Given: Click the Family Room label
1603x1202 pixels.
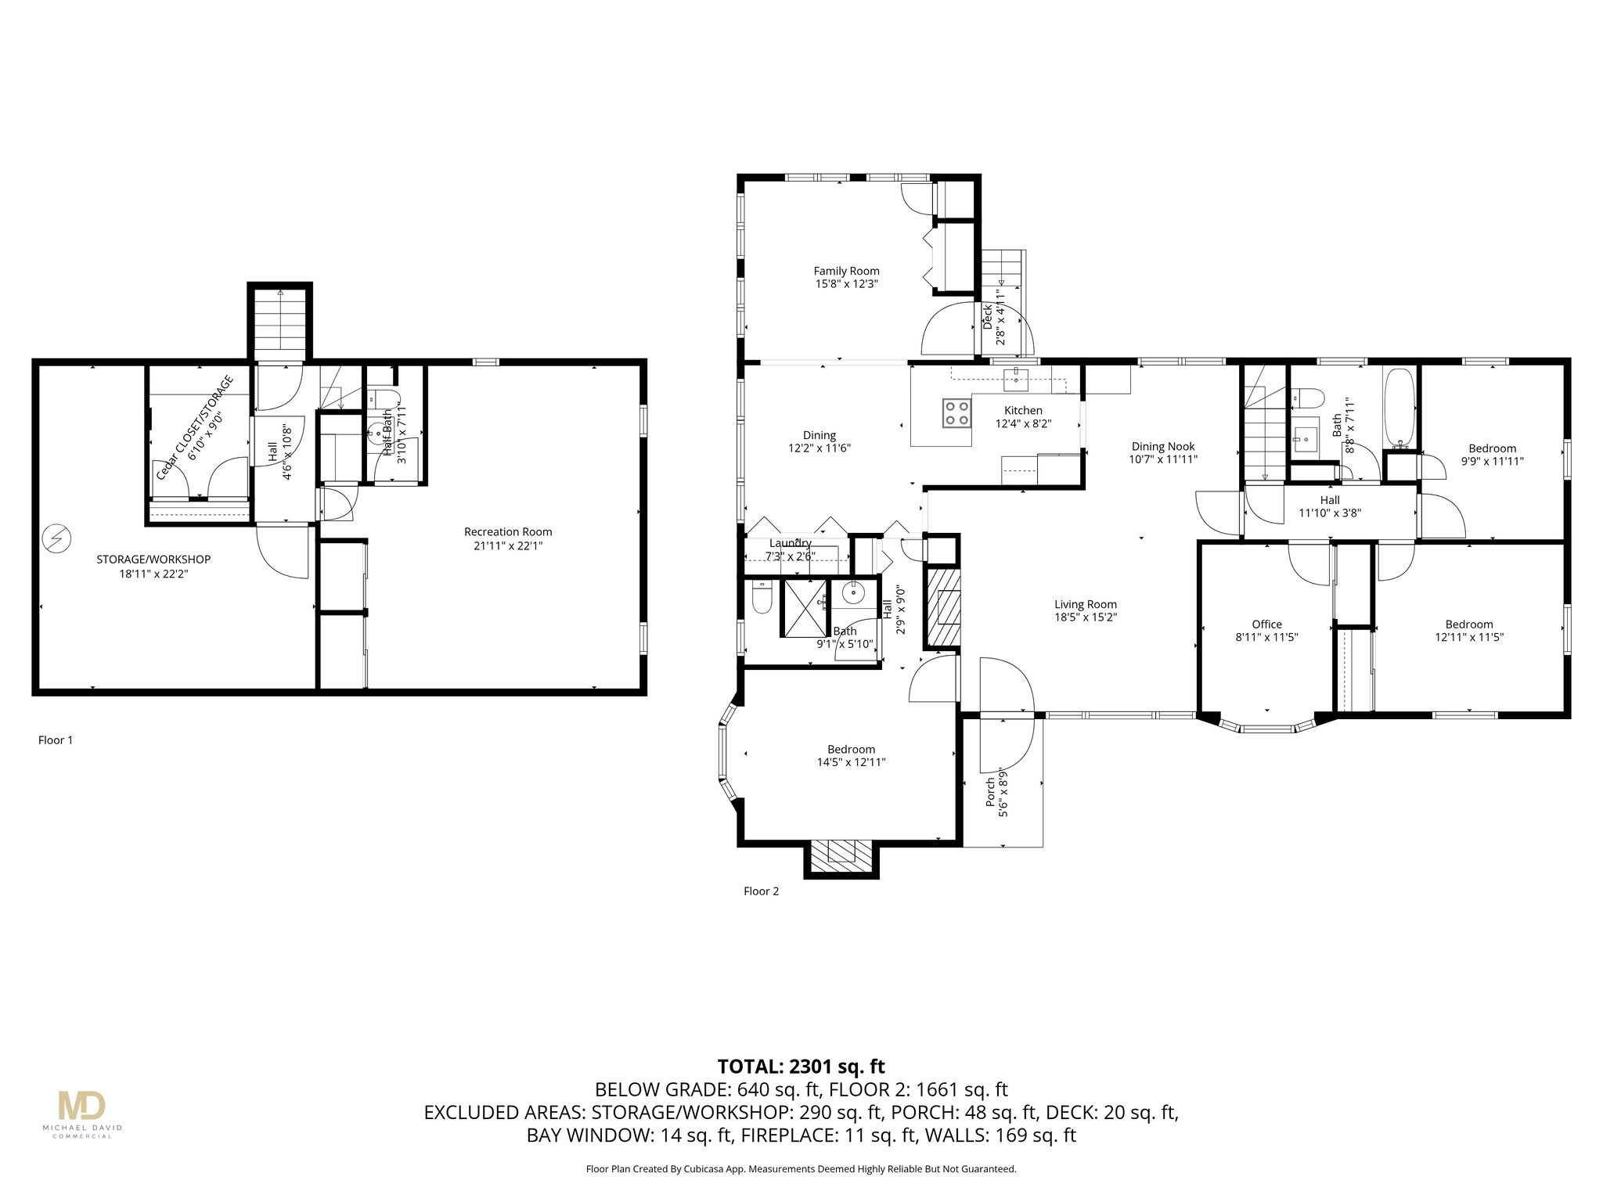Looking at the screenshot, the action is point(846,272).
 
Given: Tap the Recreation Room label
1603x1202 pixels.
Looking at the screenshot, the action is point(508,532).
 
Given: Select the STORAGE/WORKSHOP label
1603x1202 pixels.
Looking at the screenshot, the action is point(153,560).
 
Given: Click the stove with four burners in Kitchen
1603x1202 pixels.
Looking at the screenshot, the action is point(956,412).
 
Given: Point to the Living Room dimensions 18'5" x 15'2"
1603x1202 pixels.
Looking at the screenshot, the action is point(1085,617).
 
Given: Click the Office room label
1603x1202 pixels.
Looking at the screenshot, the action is point(1266,624).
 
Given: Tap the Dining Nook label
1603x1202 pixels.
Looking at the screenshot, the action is point(1163,447).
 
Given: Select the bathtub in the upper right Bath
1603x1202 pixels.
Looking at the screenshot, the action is point(1399,406).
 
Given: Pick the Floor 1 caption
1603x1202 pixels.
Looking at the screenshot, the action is point(56,740).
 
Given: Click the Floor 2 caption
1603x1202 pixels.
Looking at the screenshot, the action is point(761,891).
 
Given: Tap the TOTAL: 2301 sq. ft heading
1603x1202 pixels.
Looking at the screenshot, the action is point(801,1067).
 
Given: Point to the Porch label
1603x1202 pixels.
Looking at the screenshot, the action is point(991,792).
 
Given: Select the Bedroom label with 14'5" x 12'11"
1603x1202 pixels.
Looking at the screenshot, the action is point(851,750).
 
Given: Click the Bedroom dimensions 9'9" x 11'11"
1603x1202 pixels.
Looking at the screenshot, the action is point(1492,462).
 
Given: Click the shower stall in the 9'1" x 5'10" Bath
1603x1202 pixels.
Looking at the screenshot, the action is point(805,608).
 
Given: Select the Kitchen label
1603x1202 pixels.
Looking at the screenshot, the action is point(1023,411).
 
